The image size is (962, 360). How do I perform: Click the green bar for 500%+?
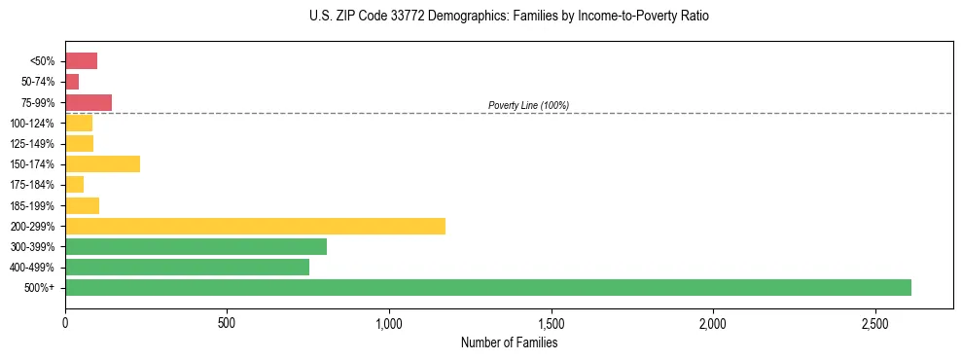(487, 287)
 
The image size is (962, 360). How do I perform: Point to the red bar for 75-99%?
(89, 102)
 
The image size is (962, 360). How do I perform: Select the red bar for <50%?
(81, 61)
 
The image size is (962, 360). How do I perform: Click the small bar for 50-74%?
(72, 82)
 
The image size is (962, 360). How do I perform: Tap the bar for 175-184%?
(74, 185)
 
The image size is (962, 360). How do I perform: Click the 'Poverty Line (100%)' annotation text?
(528, 105)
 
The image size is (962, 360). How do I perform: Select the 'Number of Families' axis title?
(509, 342)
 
